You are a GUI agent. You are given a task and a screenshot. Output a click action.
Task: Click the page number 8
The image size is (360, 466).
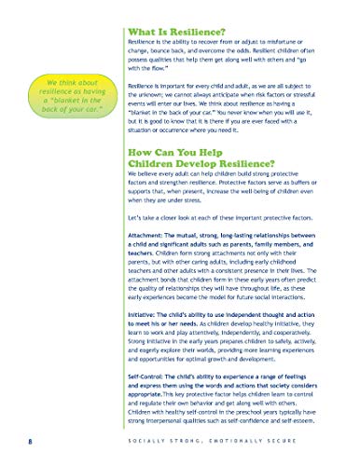[x=31, y=440]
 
